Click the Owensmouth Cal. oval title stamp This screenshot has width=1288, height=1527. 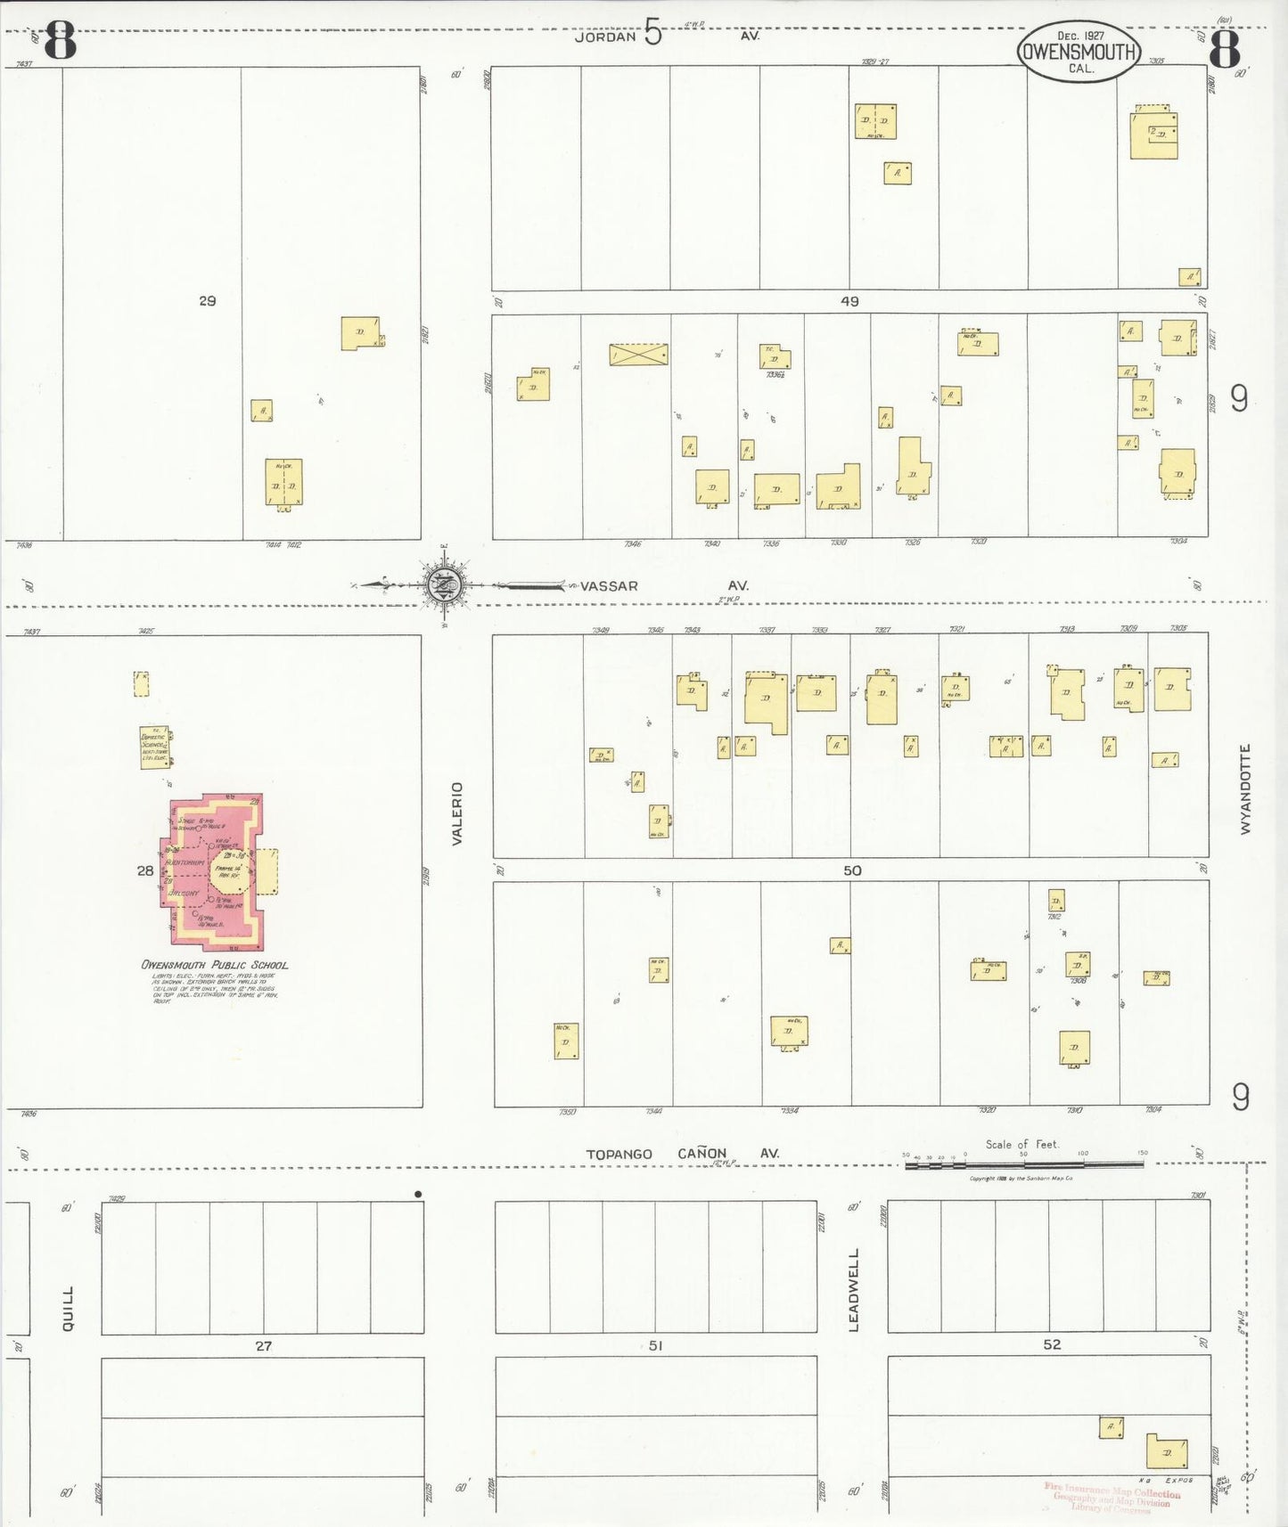click(1079, 52)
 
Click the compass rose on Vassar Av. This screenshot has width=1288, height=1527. click(444, 585)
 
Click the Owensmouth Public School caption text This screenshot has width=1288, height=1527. click(215, 965)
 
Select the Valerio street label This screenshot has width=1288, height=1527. click(457, 812)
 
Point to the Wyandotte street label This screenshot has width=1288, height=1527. click(1245, 788)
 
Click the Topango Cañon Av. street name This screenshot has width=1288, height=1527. click(682, 1154)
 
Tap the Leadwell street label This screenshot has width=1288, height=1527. click(854, 1290)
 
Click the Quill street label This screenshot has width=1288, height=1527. click(69, 1309)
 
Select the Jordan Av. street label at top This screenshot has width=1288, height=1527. click(664, 36)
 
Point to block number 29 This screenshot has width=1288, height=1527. click(207, 301)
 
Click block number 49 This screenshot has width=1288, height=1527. click(849, 302)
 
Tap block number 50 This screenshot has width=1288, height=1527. click(852, 870)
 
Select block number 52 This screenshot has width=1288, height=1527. click(1052, 1344)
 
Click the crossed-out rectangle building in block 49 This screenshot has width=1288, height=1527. click(638, 355)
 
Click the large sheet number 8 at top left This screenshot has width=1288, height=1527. click(59, 41)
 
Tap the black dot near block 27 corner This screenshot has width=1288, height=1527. click(418, 1194)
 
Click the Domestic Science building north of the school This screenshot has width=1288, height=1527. click(155, 747)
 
